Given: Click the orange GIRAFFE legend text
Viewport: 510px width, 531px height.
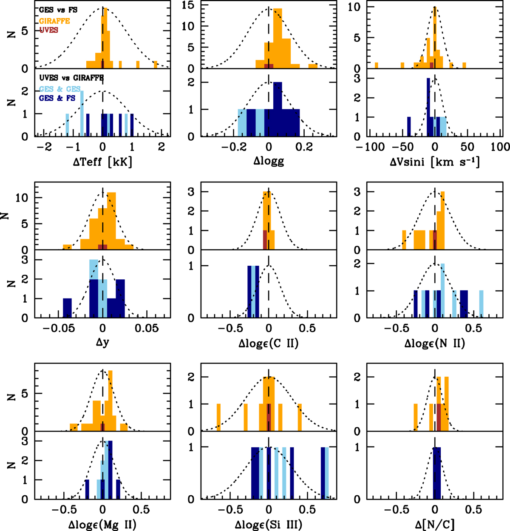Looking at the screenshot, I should [54, 20].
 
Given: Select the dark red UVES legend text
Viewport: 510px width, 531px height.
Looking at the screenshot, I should [48, 30].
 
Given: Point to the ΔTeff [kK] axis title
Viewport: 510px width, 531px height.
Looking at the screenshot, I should [102, 162].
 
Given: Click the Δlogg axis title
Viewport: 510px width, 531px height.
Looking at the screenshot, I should [268, 162].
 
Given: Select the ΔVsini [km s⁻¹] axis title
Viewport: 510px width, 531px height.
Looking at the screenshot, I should [435, 162].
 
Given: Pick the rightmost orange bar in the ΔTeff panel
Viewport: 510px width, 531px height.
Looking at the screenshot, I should [156, 65].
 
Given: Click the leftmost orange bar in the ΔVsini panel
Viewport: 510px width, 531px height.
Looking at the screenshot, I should [377, 65].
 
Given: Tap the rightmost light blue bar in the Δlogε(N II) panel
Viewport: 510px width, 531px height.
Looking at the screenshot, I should [482, 304].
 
